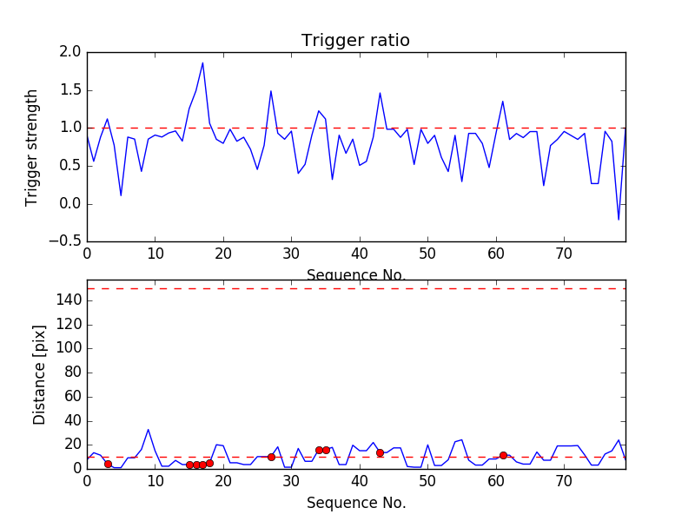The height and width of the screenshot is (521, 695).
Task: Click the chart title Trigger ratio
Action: [x=355, y=41]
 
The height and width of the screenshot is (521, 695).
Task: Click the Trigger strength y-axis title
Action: [x=32, y=147]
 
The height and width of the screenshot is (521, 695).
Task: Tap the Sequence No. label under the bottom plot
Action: [x=355, y=503]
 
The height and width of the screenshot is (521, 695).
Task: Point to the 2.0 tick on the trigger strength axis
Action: [x=71, y=52]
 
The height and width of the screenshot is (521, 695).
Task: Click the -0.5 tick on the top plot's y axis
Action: [x=66, y=241]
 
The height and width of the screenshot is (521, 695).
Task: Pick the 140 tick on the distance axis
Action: [x=69, y=300]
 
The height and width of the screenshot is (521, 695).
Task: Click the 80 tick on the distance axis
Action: [x=72, y=373]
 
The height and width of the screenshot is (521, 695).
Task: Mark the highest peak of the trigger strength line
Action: [x=202, y=63]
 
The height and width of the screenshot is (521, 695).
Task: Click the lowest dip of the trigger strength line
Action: [x=619, y=220]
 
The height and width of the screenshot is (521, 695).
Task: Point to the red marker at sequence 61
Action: [x=503, y=455]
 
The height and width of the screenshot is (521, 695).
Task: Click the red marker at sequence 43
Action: [x=380, y=452]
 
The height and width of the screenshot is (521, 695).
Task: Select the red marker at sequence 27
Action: [x=271, y=457]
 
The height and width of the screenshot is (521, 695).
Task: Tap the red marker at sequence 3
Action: [x=108, y=464]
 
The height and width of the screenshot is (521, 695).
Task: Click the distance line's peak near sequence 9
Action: [x=149, y=429]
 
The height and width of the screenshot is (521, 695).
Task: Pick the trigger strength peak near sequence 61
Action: [x=502, y=101]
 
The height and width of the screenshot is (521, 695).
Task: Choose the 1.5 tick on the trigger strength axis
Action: [x=71, y=90]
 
